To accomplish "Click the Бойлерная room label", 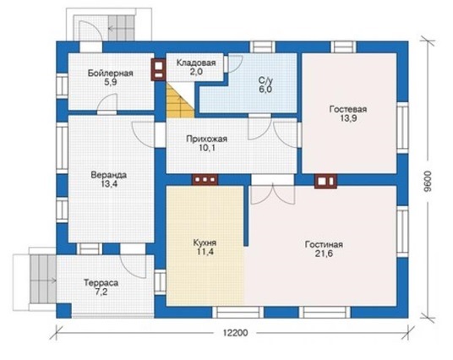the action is tap(110, 73).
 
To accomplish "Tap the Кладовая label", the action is tap(196, 63).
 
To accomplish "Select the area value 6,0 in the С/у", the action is tap(265, 90).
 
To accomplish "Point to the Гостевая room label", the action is tap(348, 109).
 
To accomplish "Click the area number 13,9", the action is tap(348, 118).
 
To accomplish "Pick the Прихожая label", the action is tap(206, 139).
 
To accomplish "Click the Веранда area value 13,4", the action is tap(109, 183).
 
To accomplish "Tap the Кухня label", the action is tap(205, 243).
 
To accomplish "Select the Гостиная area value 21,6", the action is tap(324, 254).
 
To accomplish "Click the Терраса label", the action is tap(101, 282).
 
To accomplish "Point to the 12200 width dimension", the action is tap(236, 333).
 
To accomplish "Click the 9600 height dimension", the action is tap(428, 182).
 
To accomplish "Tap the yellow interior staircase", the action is tap(180, 100).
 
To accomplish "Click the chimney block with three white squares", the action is tap(205, 179).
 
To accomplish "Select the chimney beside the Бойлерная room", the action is tap(158, 69).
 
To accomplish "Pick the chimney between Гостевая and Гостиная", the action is tap(326, 182).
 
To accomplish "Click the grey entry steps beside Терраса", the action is tap(43, 279).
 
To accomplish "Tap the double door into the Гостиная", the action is tap(272, 194).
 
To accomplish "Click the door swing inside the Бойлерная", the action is tap(107, 102).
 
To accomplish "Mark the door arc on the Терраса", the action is tap(133, 266).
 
